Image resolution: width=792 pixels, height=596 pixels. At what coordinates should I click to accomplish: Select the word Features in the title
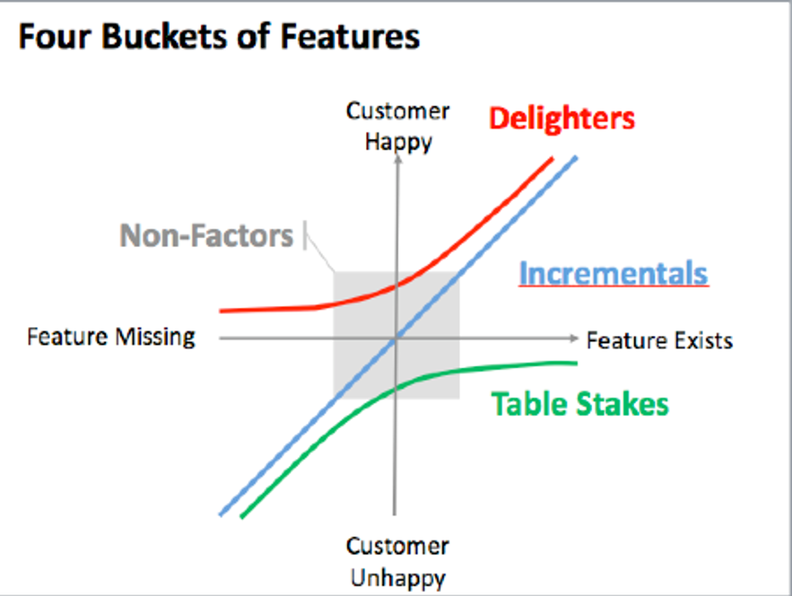(x=350, y=36)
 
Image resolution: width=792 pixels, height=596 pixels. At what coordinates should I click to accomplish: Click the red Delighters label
(x=562, y=119)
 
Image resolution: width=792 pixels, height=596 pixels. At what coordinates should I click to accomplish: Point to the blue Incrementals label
(x=613, y=274)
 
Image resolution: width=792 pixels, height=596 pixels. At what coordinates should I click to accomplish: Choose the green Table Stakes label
(x=580, y=405)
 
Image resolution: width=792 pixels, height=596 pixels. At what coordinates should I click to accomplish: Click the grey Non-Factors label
(x=206, y=236)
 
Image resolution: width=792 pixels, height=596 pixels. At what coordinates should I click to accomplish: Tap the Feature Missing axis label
(x=112, y=337)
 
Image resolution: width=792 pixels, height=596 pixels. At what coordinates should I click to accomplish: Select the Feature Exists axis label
(x=659, y=341)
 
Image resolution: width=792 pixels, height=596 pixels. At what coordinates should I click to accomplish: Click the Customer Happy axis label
(x=398, y=126)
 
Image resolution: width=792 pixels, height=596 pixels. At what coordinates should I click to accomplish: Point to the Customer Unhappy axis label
(x=398, y=562)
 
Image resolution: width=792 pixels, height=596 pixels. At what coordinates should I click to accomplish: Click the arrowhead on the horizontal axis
(x=574, y=338)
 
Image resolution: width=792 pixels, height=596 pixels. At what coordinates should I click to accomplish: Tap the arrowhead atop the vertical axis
(x=398, y=159)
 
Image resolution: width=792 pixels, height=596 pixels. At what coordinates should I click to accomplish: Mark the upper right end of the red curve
(x=553, y=158)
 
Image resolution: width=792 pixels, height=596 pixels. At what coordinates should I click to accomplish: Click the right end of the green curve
(x=577, y=363)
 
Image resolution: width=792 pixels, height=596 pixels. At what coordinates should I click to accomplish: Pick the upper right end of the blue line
(x=575, y=158)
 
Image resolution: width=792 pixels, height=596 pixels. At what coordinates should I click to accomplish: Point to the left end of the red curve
(x=220, y=312)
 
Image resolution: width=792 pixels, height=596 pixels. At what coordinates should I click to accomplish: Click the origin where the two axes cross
(x=395, y=338)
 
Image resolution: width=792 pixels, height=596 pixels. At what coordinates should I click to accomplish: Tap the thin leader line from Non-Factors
(x=320, y=252)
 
